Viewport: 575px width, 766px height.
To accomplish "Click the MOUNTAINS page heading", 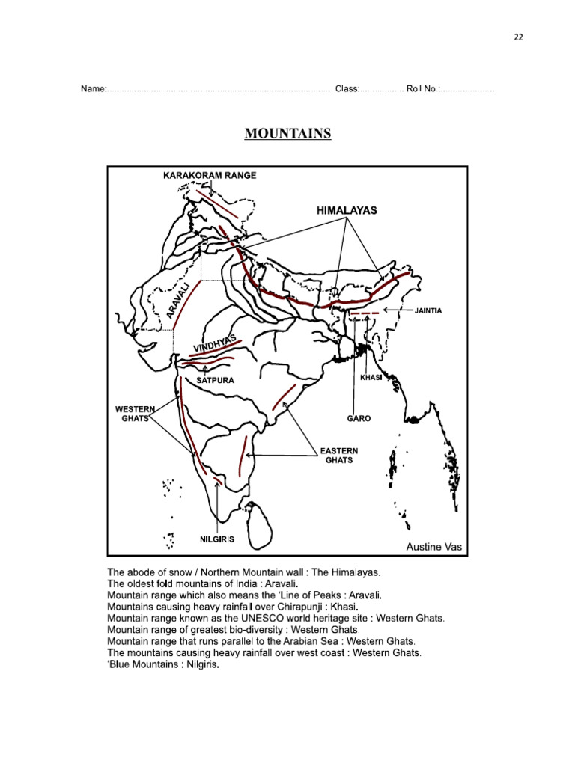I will [287, 134].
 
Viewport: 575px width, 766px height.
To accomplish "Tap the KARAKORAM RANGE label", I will [210, 175].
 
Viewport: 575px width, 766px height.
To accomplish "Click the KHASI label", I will [371, 378].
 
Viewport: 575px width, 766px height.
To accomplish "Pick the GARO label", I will [359, 418].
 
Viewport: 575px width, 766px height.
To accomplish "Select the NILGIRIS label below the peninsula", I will [217, 539].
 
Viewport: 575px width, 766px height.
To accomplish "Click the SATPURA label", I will [216, 380].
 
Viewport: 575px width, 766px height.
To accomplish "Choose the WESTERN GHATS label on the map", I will [134, 414].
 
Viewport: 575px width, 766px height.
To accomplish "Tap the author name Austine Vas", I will [434, 547].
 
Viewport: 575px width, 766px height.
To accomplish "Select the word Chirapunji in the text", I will [305, 607].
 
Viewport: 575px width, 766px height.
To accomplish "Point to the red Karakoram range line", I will [218, 203].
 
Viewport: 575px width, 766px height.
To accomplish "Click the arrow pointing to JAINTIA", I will [394, 310].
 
